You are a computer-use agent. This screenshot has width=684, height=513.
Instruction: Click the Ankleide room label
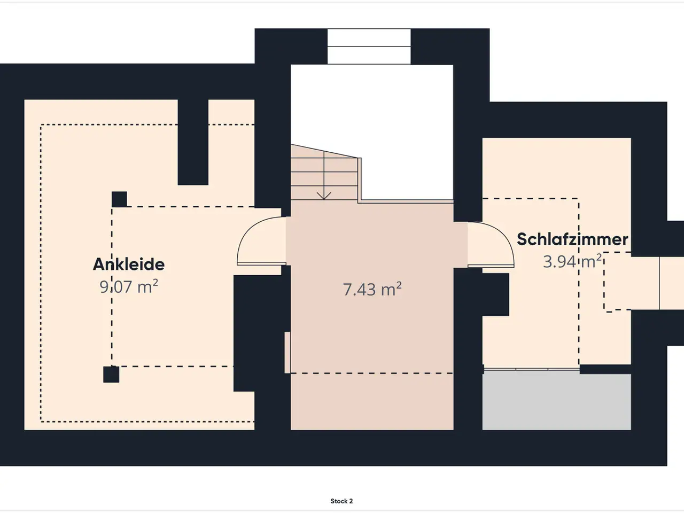pos(129,265)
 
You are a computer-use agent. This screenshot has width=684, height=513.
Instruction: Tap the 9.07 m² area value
pos(129,286)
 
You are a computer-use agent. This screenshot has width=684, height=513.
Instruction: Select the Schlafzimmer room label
pos(572,239)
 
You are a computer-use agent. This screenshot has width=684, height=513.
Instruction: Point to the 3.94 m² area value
pos(572,261)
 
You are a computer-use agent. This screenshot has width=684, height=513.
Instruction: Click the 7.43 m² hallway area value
pos(372,289)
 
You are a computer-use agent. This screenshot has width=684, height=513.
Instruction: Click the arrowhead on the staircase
pos(324,196)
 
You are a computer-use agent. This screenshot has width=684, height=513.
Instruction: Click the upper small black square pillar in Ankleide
pos(119,199)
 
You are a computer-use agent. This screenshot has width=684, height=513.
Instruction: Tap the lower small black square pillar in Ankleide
pos(111,375)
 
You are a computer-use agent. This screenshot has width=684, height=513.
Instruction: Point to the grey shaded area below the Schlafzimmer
pos(556,402)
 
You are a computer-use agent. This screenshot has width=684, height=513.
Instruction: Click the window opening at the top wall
pos(369,46)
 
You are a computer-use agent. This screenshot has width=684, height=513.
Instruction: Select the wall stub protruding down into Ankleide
pos(193,142)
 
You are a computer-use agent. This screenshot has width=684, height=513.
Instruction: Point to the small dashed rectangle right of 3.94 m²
pos(618,282)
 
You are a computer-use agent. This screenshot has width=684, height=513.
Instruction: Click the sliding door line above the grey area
pos(531,369)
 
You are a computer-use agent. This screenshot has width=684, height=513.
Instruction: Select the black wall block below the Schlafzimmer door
pos(495,294)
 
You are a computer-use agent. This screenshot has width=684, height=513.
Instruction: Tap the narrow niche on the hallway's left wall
pos(287,352)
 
